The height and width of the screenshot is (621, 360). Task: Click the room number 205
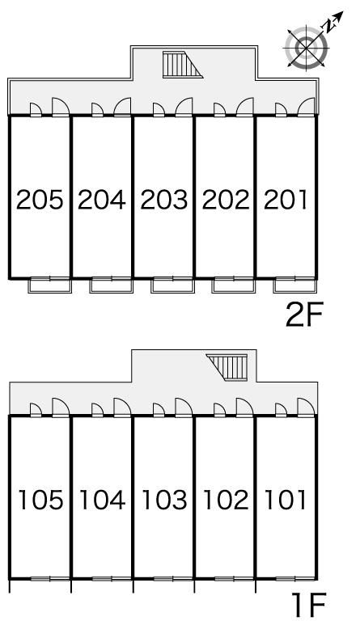(x=40, y=200)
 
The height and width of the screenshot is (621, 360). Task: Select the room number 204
(x=102, y=200)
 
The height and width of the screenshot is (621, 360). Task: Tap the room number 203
(x=164, y=200)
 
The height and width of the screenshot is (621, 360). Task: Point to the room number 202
(x=226, y=200)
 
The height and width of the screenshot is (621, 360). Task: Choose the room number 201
(x=286, y=200)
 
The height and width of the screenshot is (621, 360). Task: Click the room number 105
(x=41, y=500)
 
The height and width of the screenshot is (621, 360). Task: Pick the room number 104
(x=103, y=500)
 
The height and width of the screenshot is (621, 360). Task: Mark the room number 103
(x=165, y=500)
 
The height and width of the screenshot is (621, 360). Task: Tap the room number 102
(x=227, y=500)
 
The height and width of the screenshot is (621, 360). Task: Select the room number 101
(x=286, y=500)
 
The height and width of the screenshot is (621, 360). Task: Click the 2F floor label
(x=305, y=315)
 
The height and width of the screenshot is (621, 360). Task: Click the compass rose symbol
(x=307, y=48)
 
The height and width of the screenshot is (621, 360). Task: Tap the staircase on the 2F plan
(x=183, y=65)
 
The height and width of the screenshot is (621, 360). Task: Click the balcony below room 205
(x=50, y=285)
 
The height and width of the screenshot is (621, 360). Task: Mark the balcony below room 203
(x=172, y=285)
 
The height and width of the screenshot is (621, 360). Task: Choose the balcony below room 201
(x=295, y=285)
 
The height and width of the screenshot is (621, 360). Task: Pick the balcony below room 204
(x=112, y=285)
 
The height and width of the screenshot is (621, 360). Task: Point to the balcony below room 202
(x=234, y=285)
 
